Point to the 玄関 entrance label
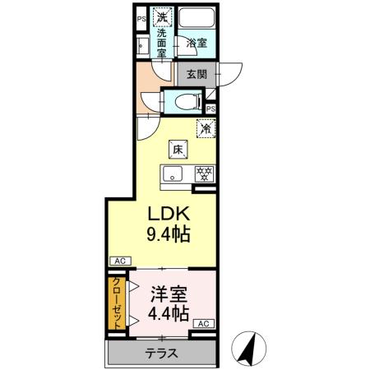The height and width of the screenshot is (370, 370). coord(197,74)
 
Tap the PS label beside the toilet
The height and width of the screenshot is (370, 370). coord(210,109)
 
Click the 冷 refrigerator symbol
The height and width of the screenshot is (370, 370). coord(205,127)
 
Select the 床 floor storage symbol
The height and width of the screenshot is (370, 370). coord(177,150)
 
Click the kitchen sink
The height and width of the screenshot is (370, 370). coord(173,173)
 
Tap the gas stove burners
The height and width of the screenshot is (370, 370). coord(203,173)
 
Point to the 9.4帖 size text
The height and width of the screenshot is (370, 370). coord(169,234)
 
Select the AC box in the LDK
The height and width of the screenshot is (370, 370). coord(118,261)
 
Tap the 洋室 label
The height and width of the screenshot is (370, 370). coord(168,293)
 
